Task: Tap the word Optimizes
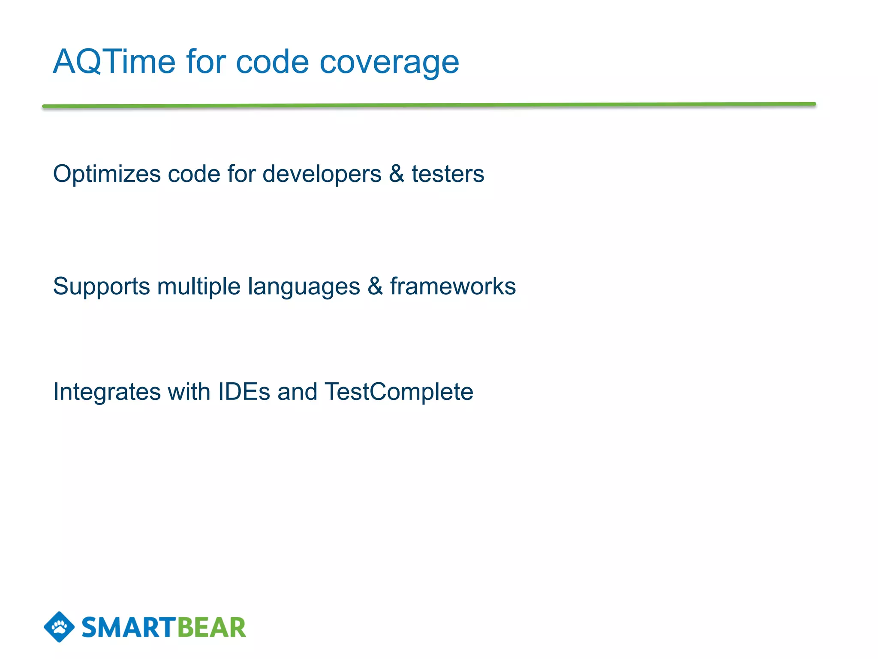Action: pos(107,175)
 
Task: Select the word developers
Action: pos(322,175)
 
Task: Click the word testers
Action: pos(448,175)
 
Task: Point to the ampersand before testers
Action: pos(397,174)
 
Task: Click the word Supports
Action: pos(101,287)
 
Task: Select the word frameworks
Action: pos(453,287)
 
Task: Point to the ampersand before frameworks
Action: pos(375,287)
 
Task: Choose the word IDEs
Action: pos(244,392)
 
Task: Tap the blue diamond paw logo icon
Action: pos(59,627)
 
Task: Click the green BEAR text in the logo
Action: pos(211,628)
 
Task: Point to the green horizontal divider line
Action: pos(429,105)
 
